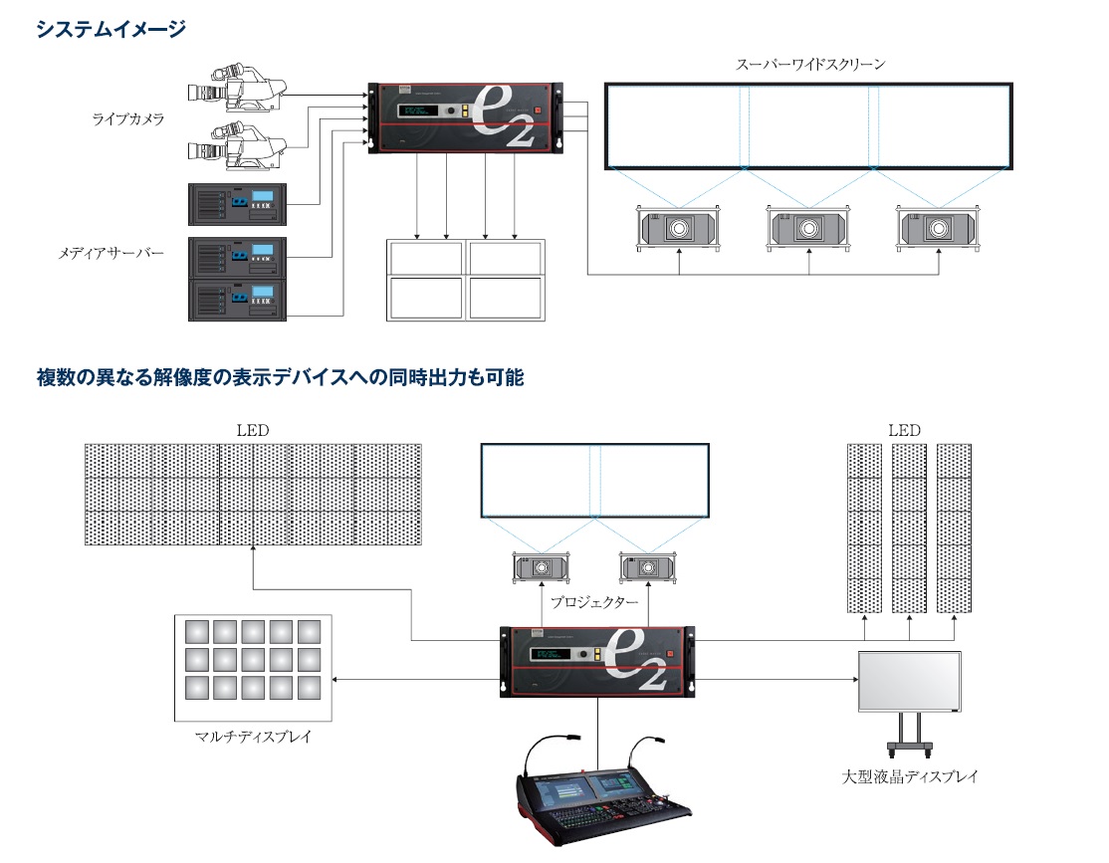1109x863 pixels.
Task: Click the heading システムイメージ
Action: tap(111, 29)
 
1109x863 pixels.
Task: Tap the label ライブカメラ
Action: tap(128, 118)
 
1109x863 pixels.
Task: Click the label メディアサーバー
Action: tap(111, 253)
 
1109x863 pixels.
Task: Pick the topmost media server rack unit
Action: tap(238, 204)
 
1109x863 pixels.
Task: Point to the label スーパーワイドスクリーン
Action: tap(810, 65)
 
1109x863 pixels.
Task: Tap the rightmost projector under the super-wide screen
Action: tap(939, 229)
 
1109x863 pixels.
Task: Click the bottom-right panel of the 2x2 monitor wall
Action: tap(506, 298)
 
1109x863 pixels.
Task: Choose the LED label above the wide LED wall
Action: tap(253, 430)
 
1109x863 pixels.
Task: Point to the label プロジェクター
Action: tap(594, 602)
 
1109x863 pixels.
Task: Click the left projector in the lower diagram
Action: tap(542, 567)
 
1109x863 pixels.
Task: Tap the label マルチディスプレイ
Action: tap(253, 737)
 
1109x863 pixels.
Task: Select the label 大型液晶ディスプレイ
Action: tap(910, 776)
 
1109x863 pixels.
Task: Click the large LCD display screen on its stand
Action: tap(910, 681)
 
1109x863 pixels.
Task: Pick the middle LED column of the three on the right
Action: tap(909, 529)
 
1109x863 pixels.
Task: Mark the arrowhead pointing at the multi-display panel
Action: tap(334, 680)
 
